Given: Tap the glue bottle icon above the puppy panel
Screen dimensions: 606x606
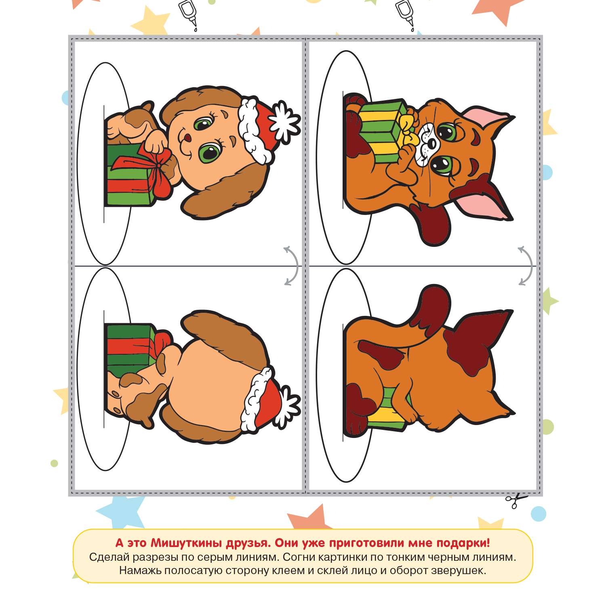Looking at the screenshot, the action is tap(187, 15).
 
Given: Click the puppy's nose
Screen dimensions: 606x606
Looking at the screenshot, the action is tap(187, 138).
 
